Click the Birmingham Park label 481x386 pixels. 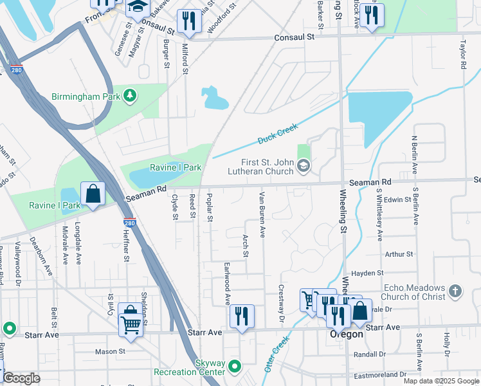[x=87, y=96]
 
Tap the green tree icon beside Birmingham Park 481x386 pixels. [x=131, y=96]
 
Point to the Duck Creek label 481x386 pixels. [x=278, y=133]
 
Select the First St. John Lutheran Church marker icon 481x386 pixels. [x=303, y=167]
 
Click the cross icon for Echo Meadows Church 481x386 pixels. [x=455, y=291]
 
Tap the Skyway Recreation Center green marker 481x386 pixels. [x=235, y=367]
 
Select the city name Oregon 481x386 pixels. [x=347, y=334]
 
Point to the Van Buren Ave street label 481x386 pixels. [x=262, y=215]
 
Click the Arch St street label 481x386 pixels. [x=245, y=245]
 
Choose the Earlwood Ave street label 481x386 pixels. [x=227, y=283]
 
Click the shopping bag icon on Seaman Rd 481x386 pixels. [x=93, y=194]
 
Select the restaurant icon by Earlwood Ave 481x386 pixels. [x=242, y=317]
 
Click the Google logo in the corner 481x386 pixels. [x=21, y=378]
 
